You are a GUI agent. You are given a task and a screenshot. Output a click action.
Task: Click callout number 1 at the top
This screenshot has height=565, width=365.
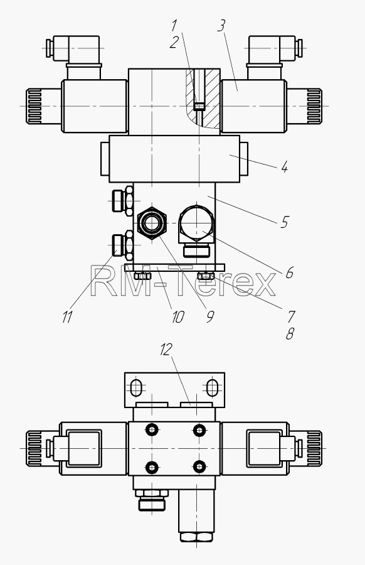coord(174,26)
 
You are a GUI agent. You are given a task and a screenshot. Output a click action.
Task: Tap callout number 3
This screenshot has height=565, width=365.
coord(221,26)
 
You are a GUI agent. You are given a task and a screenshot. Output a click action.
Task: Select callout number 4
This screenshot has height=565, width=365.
coord(284,167)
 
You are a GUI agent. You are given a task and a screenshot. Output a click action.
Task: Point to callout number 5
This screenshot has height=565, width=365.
coord(284,222)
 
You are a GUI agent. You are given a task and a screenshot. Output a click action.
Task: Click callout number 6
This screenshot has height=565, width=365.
coord(289,273)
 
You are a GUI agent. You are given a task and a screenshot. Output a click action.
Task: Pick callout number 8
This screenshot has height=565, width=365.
coord(290,334)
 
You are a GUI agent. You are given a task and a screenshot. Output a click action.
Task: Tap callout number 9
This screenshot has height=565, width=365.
coord(210,316)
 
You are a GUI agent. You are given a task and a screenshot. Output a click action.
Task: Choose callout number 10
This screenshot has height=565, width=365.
coord(178,317)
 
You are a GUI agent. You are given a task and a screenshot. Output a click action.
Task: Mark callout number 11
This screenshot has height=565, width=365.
coord(67,317)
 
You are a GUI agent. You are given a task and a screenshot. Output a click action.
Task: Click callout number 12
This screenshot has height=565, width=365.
coord(166,349)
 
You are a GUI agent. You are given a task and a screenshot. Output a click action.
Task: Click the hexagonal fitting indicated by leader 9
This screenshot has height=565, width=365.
coord(152,223)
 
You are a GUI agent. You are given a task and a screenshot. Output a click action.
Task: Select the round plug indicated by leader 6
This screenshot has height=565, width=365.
coord(196,223)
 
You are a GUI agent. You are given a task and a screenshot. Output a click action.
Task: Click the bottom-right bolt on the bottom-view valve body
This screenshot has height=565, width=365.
coord(199,467)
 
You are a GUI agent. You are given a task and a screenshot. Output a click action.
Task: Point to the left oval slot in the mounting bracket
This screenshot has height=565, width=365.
coord(137,388)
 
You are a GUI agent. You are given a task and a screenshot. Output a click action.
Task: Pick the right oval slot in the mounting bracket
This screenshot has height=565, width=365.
coord(213,388)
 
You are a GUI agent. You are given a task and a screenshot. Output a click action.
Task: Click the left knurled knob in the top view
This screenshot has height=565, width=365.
coord(34,106)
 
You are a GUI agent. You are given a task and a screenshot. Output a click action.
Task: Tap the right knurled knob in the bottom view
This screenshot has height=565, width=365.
coord(314,448)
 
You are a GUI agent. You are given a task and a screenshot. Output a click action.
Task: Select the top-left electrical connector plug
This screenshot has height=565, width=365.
coord(74,48)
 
